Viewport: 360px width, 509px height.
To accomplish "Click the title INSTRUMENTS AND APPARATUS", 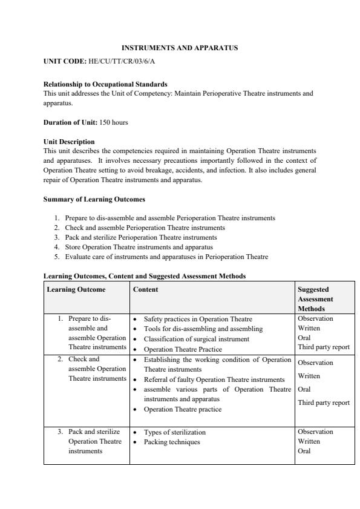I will pyautogui.click(x=180, y=47).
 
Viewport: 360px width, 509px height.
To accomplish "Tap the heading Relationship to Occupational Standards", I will pyautogui.click(x=105, y=84).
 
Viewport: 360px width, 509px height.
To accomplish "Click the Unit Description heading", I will pyautogui.click(x=69, y=142).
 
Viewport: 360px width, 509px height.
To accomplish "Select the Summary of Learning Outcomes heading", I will pyautogui.click(x=94, y=199).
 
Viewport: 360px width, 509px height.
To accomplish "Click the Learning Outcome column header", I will pyautogui.click(x=76, y=289).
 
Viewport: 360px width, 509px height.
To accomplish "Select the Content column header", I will pyautogui.click(x=145, y=289).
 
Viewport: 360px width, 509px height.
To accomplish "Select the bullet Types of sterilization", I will pyautogui.click(x=174, y=432).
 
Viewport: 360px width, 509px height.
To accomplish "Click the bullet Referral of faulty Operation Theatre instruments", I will pyautogui.click(x=214, y=379).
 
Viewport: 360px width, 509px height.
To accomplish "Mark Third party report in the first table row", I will pyautogui.click(x=324, y=347).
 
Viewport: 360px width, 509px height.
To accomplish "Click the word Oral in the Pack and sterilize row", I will pyautogui.click(x=304, y=451).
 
